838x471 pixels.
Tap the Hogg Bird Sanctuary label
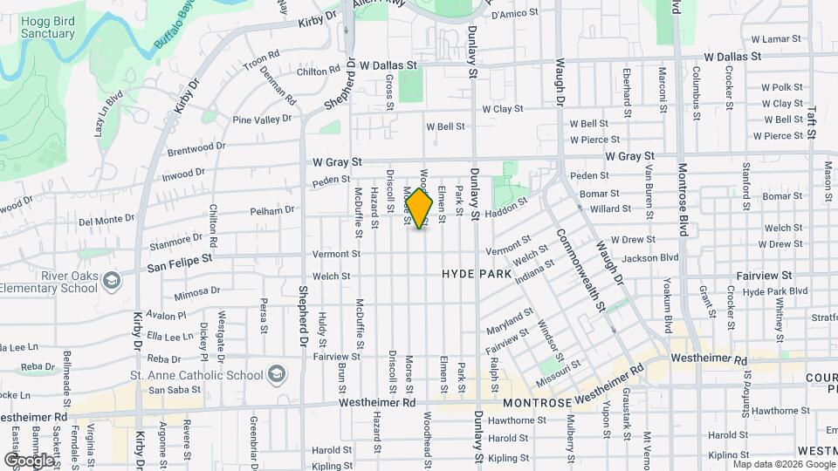38,26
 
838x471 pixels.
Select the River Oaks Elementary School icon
111,281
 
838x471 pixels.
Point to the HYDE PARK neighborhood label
476,274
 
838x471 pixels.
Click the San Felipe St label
180,259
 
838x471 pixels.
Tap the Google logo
29,460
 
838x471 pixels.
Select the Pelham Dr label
272,210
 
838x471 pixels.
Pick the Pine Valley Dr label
260,119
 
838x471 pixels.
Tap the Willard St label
610,209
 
